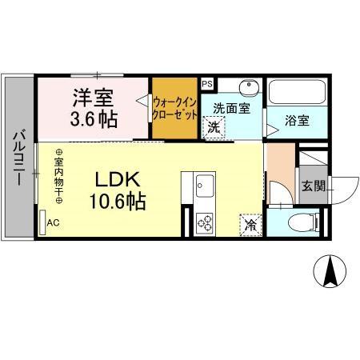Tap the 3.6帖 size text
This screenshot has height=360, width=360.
coord(95,120)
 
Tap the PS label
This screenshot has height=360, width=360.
coord(207,83)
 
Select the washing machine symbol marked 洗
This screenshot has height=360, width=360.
coord(214,126)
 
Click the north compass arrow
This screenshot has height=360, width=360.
coord(329,272)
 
